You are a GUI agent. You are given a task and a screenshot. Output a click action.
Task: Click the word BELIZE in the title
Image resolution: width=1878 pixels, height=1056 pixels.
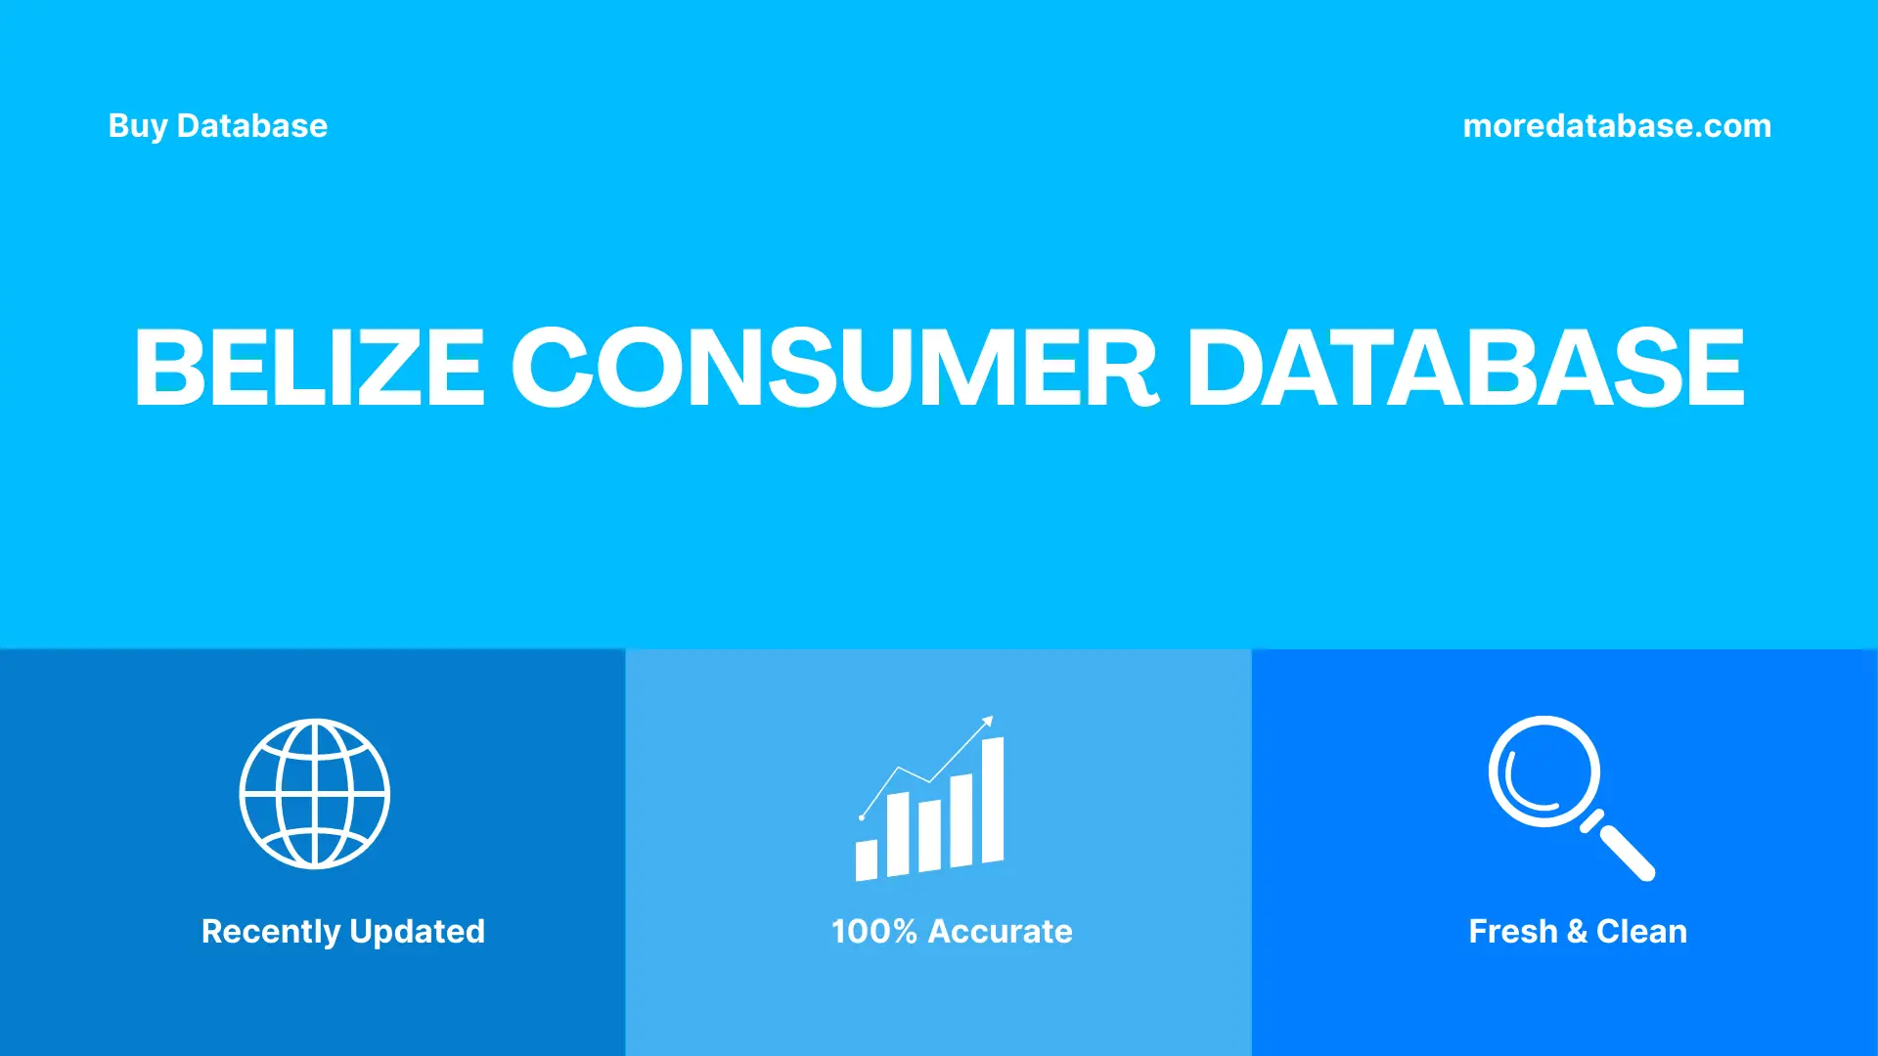coord(309,368)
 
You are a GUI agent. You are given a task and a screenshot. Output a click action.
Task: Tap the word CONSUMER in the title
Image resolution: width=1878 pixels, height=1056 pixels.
coord(834,368)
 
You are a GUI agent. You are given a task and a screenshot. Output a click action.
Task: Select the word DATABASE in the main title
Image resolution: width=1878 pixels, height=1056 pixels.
coord(1465,368)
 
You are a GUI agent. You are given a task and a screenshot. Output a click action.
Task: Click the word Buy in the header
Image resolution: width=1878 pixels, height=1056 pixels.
coord(138,126)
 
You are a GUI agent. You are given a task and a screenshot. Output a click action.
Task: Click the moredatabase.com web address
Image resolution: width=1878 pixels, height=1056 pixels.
coord(1617,126)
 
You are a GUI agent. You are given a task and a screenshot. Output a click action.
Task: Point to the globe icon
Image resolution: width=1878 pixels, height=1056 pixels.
coord(315,794)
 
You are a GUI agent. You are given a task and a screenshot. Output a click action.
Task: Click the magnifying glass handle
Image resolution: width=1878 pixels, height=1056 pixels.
coord(1625,851)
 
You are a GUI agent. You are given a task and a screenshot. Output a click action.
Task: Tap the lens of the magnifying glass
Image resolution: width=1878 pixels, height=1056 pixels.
coord(1544,771)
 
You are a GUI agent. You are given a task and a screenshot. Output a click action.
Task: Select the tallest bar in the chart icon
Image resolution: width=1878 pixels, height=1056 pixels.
coord(993,800)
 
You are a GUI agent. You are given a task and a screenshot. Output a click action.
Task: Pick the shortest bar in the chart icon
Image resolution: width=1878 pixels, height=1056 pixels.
coord(867,859)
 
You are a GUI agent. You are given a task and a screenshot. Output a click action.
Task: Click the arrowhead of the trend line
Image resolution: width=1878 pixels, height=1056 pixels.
coord(988,722)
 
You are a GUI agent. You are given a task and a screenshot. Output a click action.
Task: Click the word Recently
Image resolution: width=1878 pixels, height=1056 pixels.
coord(271,932)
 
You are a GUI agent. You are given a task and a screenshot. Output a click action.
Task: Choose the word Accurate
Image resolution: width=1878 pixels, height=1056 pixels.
coord(1000,932)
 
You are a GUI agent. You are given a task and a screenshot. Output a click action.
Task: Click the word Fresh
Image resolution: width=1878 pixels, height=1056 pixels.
coord(1512,932)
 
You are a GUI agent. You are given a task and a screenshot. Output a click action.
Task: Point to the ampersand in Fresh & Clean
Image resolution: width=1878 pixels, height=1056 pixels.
coord(1577,932)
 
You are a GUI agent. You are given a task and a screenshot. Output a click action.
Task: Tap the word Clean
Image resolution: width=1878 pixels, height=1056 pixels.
coord(1641,932)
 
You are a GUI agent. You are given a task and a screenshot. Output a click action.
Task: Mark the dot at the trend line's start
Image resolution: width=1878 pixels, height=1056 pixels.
coord(862,817)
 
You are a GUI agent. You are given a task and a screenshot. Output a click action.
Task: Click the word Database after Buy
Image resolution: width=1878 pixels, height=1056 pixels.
coord(252,126)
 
